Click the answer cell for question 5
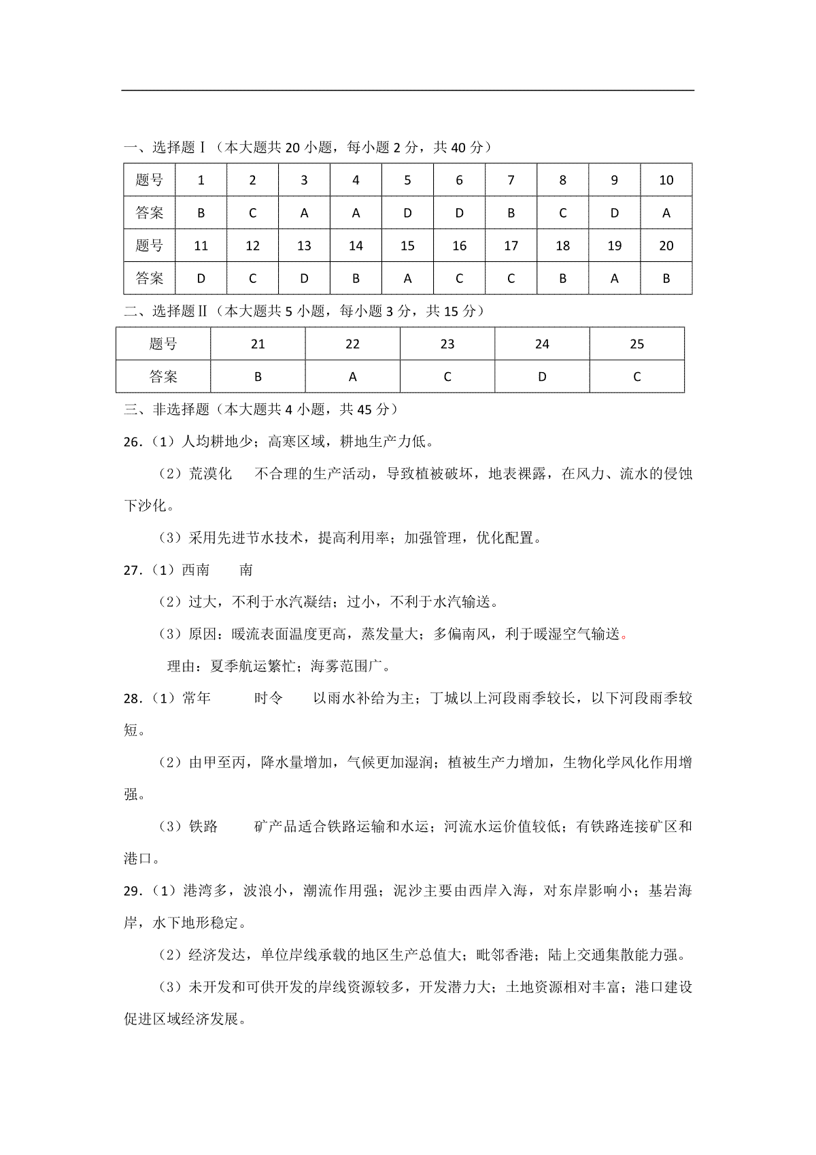click(x=407, y=213)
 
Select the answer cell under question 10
click(x=666, y=213)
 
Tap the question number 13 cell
click(x=304, y=246)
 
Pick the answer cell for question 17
click(x=511, y=278)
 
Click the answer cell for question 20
click(x=666, y=278)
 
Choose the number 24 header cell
click(x=542, y=344)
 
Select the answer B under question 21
click(x=258, y=377)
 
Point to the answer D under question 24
click(x=542, y=377)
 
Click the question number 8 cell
click(x=562, y=180)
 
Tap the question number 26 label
click(x=132, y=442)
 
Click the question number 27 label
click(x=132, y=570)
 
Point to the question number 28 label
click(x=132, y=699)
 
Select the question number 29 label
click(x=132, y=891)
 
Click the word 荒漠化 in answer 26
click(x=210, y=474)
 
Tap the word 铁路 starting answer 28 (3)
click(x=203, y=826)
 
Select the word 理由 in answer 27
click(x=182, y=667)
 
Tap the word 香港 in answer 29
click(x=519, y=955)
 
